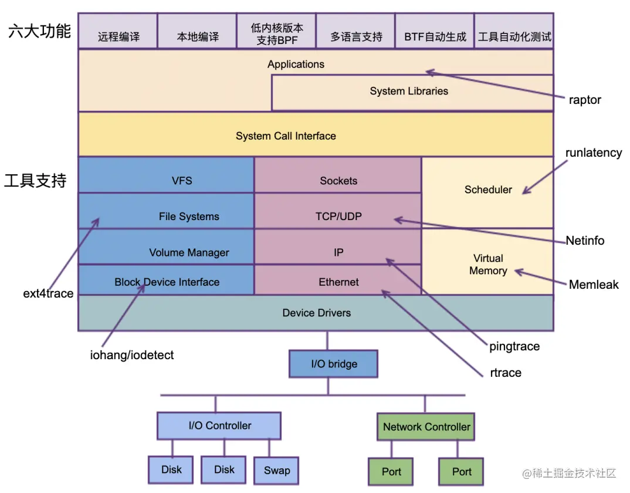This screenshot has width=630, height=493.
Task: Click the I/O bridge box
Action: (x=334, y=364)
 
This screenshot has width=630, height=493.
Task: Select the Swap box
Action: (x=276, y=471)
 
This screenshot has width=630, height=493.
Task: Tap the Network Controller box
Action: (x=426, y=427)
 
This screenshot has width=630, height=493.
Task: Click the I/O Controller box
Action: (x=219, y=426)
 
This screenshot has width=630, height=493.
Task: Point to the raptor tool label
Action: (x=585, y=100)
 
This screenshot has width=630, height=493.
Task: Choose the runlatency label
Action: (x=593, y=153)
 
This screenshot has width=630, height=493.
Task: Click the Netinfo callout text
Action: (x=585, y=241)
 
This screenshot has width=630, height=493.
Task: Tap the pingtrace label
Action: (x=514, y=346)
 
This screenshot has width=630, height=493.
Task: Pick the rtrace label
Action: (x=505, y=373)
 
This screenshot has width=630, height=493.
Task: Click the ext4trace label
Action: (x=48, y=293)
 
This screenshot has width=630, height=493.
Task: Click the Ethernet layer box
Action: (x=338, y=282)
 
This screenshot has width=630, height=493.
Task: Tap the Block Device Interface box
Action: (x=167, y=282)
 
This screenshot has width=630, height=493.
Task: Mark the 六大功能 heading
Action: (x=39, y=31)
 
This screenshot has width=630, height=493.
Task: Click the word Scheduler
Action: (x=488, y=190)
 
